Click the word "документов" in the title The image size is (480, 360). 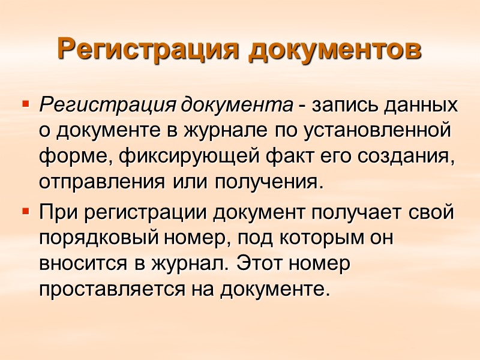[334, 49]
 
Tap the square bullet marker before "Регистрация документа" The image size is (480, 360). [25, 104]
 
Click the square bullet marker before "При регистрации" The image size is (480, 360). [25, 211]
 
